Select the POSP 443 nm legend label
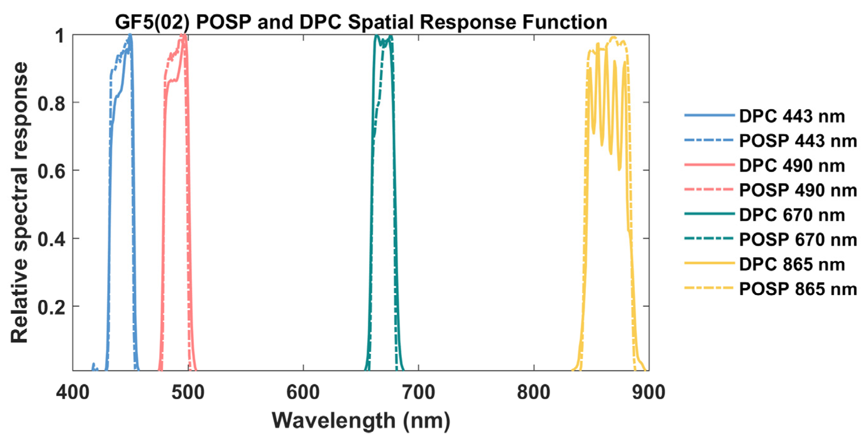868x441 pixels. click(x=798, y=141)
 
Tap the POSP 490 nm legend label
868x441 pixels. click(x=798, y=190)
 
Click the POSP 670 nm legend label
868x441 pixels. click(x=798, y=240)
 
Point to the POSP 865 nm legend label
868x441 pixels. click(x=798, y=289)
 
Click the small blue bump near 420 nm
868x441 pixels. click(x=93, y=365)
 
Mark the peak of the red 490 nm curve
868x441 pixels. click(x=182, y=35)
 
